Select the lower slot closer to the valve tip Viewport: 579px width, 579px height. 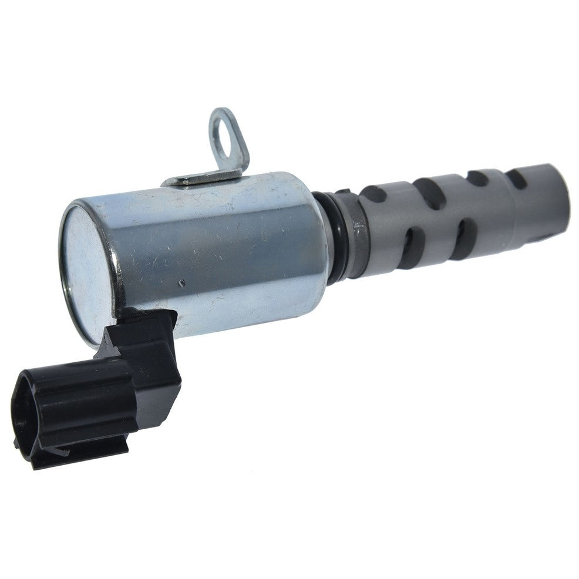462,237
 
